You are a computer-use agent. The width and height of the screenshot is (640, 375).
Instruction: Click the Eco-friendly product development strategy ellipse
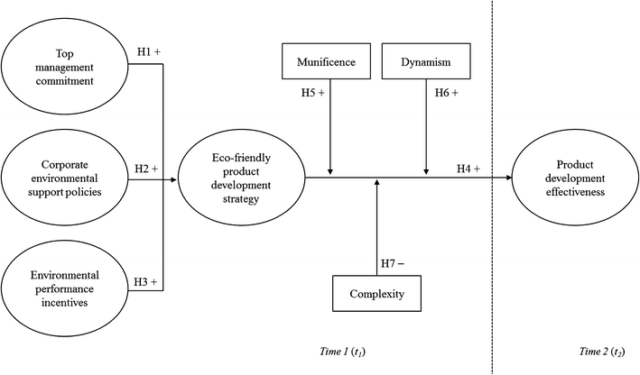tap(241, 177)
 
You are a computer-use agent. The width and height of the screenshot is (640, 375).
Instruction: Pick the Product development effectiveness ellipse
tap(573, 177)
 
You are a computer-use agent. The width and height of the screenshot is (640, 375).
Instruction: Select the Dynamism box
tap(416, 64)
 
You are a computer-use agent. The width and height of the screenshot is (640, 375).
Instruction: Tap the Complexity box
tap(376, 294)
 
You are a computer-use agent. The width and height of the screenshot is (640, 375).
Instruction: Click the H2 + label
tap(147, 169)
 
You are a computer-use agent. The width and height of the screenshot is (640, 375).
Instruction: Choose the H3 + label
tap(147, 283)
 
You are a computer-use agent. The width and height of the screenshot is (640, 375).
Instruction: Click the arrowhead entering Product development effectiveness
tap(507, 178)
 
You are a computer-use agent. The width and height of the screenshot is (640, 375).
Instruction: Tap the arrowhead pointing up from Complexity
tap(376, 183)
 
